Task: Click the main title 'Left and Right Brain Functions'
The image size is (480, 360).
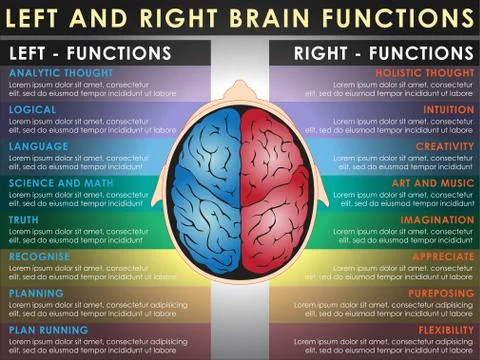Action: click(240, 18)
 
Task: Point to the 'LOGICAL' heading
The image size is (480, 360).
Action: click(32, 110)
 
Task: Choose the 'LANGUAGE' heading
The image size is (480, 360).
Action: click(39, 146)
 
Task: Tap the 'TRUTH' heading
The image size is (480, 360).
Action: click(25, 220)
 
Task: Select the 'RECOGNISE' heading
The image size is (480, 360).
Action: click(40, 256)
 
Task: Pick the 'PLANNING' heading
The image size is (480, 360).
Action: click(37, 293)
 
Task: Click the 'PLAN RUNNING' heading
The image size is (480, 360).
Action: click(49, 330)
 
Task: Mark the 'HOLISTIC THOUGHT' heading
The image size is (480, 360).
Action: click(425, 73)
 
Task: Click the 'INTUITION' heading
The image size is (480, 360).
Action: click(448, 110)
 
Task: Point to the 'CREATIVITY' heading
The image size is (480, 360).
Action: click(444, 146)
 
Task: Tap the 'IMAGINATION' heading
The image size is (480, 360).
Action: click(437, 220)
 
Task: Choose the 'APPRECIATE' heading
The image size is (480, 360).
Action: click(442, 256)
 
